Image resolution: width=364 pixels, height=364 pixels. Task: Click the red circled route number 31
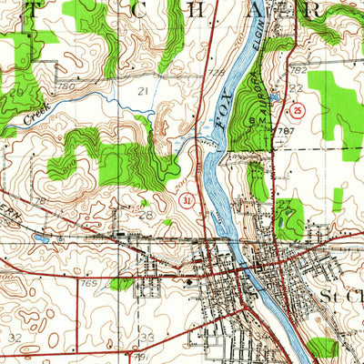[187, 199]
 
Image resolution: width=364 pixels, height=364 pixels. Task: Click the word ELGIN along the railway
[256, 41]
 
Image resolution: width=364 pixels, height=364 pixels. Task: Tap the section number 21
[142, 91]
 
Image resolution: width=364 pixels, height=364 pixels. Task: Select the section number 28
[147, 215]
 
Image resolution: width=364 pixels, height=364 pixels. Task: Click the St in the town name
[333, 298]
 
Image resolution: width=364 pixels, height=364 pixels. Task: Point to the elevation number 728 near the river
[216, 70]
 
